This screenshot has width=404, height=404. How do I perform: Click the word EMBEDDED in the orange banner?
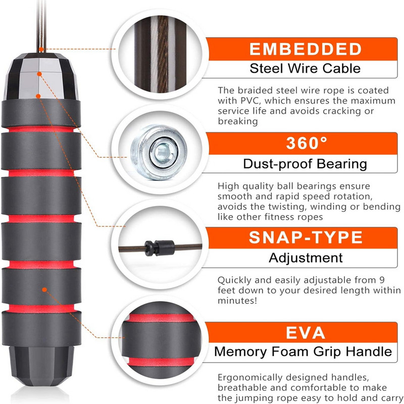click(x=306, y=49)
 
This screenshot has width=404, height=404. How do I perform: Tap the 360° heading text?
click(x=307, y=143)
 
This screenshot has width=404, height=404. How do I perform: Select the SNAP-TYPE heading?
click(x=306, y=237)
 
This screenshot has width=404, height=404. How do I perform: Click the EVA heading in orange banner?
click(x=306, y=333)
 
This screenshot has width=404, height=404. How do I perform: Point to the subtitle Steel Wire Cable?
click(x=305, y=69)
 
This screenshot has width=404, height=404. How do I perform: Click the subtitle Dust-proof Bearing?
click(x=305, y=164)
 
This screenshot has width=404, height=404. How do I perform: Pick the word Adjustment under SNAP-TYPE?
click(x=306, y=258)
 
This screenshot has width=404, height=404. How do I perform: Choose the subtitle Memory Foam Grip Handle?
click(x=303, y=351)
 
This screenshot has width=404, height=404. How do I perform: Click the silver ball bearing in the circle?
click(x=159, y=152)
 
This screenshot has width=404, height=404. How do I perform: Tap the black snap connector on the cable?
click(x=160, y=248)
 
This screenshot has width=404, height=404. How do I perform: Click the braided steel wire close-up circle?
click(x=161, y=54)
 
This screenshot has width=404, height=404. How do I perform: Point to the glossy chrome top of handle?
click(x=41, y=77)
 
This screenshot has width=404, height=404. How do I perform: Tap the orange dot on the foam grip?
click(x=44, y=289)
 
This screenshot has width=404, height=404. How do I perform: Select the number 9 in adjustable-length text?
click(x=382, y=280)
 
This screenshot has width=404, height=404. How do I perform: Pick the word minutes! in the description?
click(x=237, y=300)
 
